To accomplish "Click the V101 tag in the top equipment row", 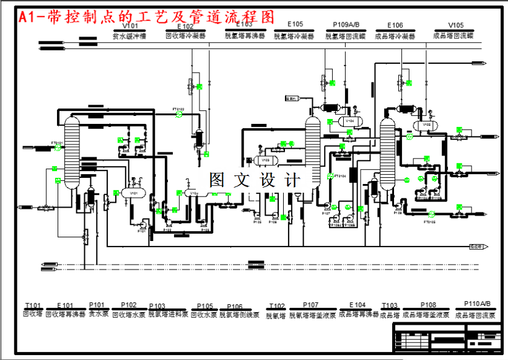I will [x=129, y=27].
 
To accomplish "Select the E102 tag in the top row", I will [x=185, y=27].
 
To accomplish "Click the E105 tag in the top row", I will [x=296, y=25].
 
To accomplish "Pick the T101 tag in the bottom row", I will [x=33, y=305].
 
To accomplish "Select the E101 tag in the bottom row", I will [x=65, y=305].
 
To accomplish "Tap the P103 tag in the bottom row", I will [x=157, y=306].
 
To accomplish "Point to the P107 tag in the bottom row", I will [x=312, y=305].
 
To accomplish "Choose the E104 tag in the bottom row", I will [x=357, y=305].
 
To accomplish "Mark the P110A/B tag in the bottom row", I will [x=476, y=304].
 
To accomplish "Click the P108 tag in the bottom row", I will [x=428, y=305].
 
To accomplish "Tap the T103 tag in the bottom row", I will [x=390, y=306].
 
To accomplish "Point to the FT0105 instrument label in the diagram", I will [x=430, y=221].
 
